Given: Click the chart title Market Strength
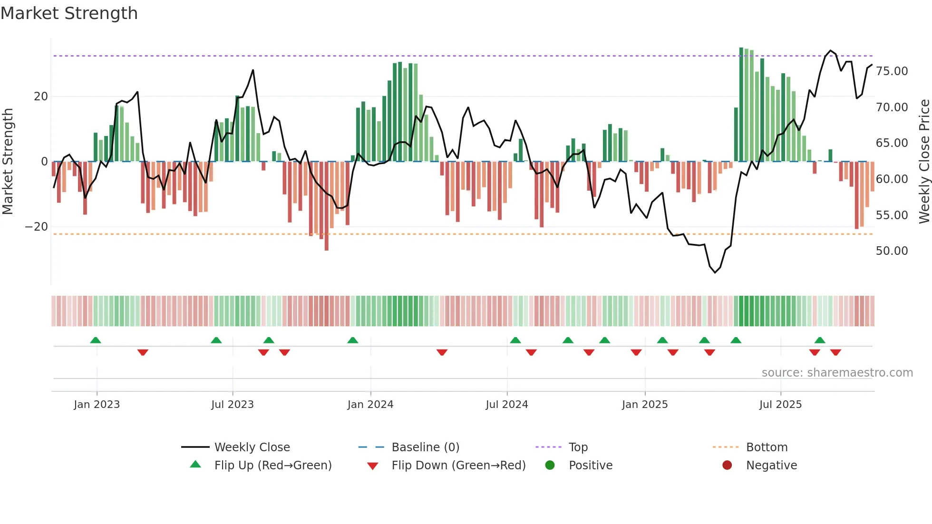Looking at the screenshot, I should pyautogui.click(x=69, y=13).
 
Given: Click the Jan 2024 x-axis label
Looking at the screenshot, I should pyautogui.click(x=370, y=405).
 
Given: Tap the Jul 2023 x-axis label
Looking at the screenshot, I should pyautogui.click(x=233, y=405).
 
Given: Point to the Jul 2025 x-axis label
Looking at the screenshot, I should pyautogui.click(x=780, y=405).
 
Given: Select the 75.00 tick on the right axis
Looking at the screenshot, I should pyautogui.click(x=892, y=71).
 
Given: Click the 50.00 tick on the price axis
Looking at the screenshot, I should pyautogui.click(x=892, y=251).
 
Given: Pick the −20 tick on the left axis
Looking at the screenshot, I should pyautogui.click(x=37, y=227).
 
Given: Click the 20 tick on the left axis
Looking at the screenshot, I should pyautogui.click(x=41, y=97).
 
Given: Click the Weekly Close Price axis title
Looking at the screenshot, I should pyautogui.click(x=924, y=162).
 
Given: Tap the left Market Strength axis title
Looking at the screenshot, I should pyautogui.click(x=8, y=162).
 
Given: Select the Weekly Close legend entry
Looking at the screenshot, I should pyautogui.click(x=252, y=447).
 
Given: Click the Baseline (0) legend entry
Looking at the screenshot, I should pyautogui.click(x=425, y=447).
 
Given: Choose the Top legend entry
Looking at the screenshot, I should pyautogui.click(x=578, y=447).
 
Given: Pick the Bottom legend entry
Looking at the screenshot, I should pyautogui.click(x=767, y=447).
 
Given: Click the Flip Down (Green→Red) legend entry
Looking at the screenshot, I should pyautogui.click(x=458, y=466).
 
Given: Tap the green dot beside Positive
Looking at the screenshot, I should pyautogui.click(x=550, y=466).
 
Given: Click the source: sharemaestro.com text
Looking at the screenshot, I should pyautogui.click(x=837, y=373).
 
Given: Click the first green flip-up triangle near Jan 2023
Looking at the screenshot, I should pyautogui.click(x=96, y=340).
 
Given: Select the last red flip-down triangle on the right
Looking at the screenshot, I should pyautogui.click(x=835, y=352).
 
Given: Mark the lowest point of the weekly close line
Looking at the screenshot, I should pyautogui.click(x=715, y=272).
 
